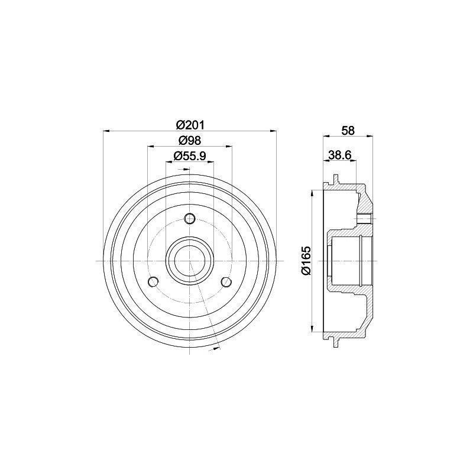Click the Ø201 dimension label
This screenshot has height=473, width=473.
tap(190, 125)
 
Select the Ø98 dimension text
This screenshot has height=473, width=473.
tap(190, 140)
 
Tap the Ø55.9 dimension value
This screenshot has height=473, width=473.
tap(190, 156)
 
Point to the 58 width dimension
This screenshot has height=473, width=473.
tap(348, 130)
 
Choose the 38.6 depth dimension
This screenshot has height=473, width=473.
tap(339, 155)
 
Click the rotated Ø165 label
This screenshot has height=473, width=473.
tap(306, 261)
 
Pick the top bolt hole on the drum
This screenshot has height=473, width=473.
tap(190, 218)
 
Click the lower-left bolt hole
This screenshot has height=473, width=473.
tap(154, 282)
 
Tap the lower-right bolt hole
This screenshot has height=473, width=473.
tap(226, 282)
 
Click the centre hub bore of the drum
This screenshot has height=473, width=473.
tap(190, 261)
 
